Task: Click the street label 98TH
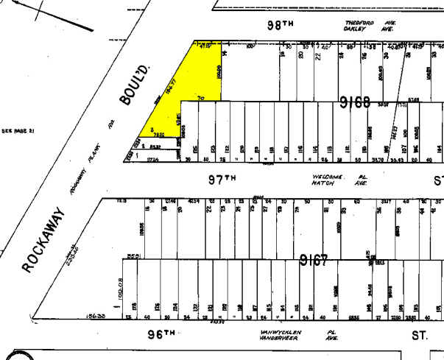click(281, 24)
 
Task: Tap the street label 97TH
click(221, 178)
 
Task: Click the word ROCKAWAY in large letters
click(45, 240)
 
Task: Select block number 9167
click(314, 260)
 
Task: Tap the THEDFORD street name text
click(360, 23)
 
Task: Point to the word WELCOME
click(328, 177)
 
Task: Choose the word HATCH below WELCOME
click(324, 184)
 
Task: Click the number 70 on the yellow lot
click(200, 98)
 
